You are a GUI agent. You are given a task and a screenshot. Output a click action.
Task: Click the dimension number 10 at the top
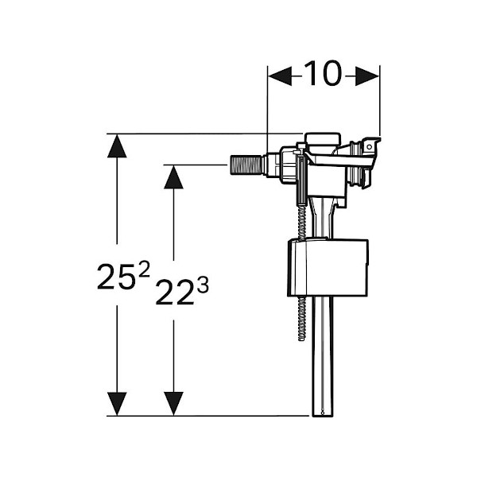(x=323, y=73)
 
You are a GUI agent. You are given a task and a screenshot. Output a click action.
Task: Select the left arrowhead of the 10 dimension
(x=280, y=76)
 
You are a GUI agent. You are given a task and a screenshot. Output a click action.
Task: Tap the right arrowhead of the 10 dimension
(x=367, y=76)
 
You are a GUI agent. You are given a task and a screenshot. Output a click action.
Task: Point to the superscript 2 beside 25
(x=144, y=269)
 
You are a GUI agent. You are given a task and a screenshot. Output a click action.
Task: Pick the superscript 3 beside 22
(x=203, y=285)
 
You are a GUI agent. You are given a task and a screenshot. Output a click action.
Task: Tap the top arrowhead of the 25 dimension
(x=117, y=146)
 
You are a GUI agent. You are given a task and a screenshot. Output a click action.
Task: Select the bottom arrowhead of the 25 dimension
(x=117, y=404)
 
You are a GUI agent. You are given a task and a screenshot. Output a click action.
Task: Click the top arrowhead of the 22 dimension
(x=173, y=177)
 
